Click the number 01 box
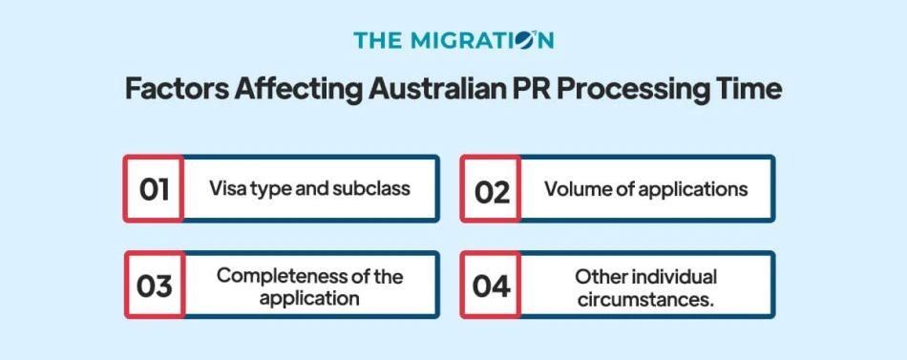click(153, 189)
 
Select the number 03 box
click(153, 286)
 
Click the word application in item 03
click(309, 298)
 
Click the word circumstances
click(645, 298)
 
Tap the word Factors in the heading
click(172, 90)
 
